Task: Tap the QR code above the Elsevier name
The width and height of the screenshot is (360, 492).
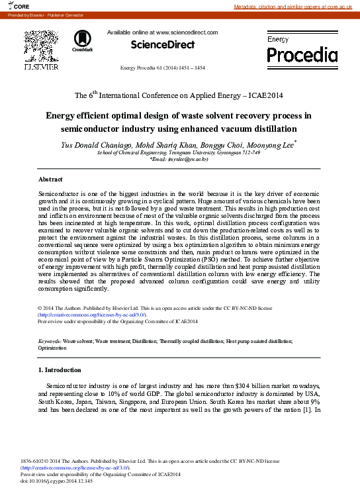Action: (41, 45)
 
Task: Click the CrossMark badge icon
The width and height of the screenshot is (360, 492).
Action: (83, 40)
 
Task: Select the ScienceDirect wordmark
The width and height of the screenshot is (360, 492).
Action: (163, 45)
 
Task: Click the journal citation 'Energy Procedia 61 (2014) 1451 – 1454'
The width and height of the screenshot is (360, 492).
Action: (162, 68)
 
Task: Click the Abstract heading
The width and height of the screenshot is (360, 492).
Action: (50, 179)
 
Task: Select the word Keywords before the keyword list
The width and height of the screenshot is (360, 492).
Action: (50, 341)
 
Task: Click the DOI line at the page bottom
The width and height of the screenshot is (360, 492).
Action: (57, 481)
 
